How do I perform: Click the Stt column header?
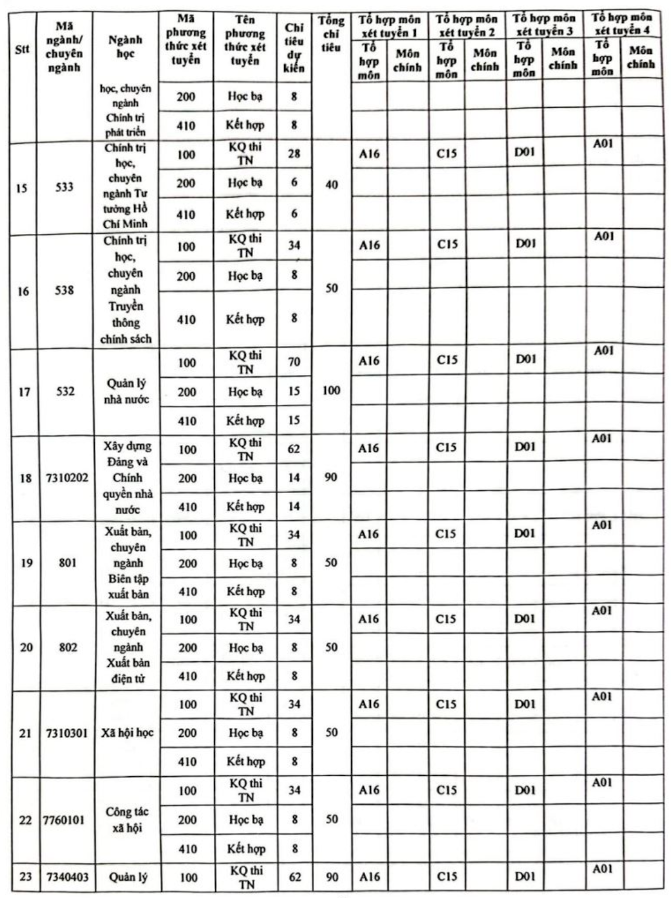[x=22, y=50]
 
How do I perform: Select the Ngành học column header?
[x=125, y=47]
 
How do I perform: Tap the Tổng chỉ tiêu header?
[x=331, y=34]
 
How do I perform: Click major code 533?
[x=64, y=187]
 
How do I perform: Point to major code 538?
[x=64, y=290]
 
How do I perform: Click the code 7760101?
[x=64, y=820]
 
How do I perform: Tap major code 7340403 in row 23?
[x=67, y=877]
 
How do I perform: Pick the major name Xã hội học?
[x=127, y=733]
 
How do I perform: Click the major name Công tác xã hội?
[x=127, y=820]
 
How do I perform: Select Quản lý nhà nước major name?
[x=126, y=391]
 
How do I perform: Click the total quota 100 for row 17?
[x=331, y=391]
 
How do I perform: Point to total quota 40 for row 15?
[x=331, y=185]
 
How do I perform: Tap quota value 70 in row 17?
[x=294, y=361]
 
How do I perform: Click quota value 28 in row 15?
[x=294, y=154]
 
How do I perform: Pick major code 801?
[x=67, y=563]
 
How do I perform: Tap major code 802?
[x=67, y=647]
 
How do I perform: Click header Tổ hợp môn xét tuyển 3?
[x=544, y=24]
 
